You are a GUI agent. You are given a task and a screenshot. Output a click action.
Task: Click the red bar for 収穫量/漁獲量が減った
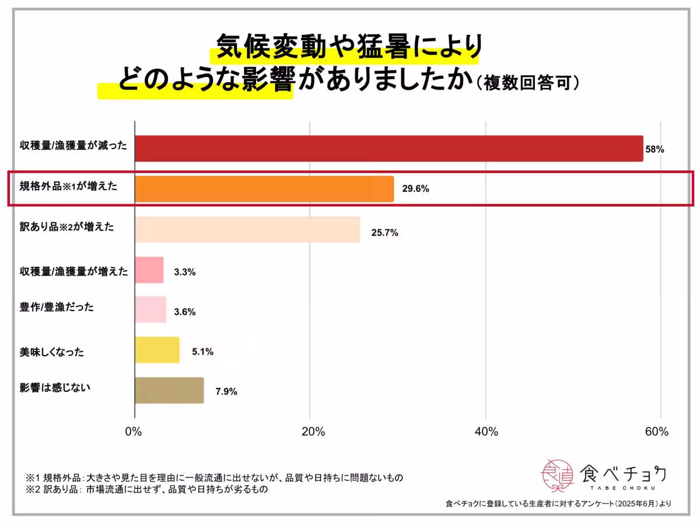tap(388, 149)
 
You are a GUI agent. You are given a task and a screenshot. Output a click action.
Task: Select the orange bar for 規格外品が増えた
tap(264, 189)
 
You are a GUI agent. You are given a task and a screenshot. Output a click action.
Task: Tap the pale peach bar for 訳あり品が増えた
tap(247, 229)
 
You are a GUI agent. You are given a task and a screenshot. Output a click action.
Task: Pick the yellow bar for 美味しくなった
tap(157, 350)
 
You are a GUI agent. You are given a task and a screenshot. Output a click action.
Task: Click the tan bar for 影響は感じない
tap(169, 390)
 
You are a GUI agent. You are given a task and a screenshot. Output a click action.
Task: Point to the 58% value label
tap(654, 149)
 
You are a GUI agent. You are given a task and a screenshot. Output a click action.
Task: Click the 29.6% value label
tap(415, 189)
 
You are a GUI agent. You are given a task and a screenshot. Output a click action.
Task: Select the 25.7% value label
tap(384, 233)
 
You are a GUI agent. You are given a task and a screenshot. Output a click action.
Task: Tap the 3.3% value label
tap(184, 272)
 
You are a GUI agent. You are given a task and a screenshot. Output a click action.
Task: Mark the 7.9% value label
tap(226, 391)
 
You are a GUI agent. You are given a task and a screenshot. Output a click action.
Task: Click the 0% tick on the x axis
tap(134, 432)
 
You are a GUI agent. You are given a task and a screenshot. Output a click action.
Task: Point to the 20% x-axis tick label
tap(313, 432)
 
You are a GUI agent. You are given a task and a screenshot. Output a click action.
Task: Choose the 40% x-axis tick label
tap(487, 432)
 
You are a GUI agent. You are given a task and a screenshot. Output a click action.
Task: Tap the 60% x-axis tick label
tap(657, 432)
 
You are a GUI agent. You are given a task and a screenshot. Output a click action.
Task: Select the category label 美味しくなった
tap(52, 352)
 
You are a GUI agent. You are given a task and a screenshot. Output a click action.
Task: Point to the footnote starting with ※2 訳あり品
tap(146, 490)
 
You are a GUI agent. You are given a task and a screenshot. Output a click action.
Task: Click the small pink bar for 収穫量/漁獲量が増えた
tap(149, 269)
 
